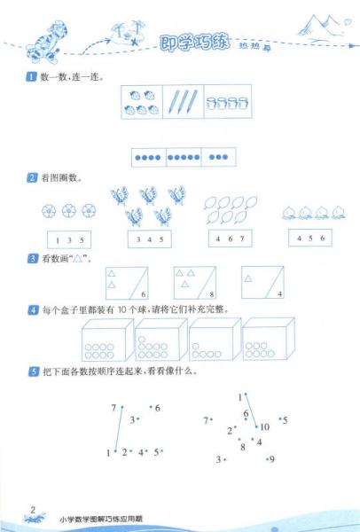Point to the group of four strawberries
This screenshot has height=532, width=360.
point(142,101)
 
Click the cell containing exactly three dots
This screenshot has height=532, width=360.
point(217,158)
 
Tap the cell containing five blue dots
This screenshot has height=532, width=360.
point(184,158)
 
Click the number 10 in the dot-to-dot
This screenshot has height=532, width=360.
point(264,426)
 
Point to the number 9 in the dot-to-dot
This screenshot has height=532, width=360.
point(271,458)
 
